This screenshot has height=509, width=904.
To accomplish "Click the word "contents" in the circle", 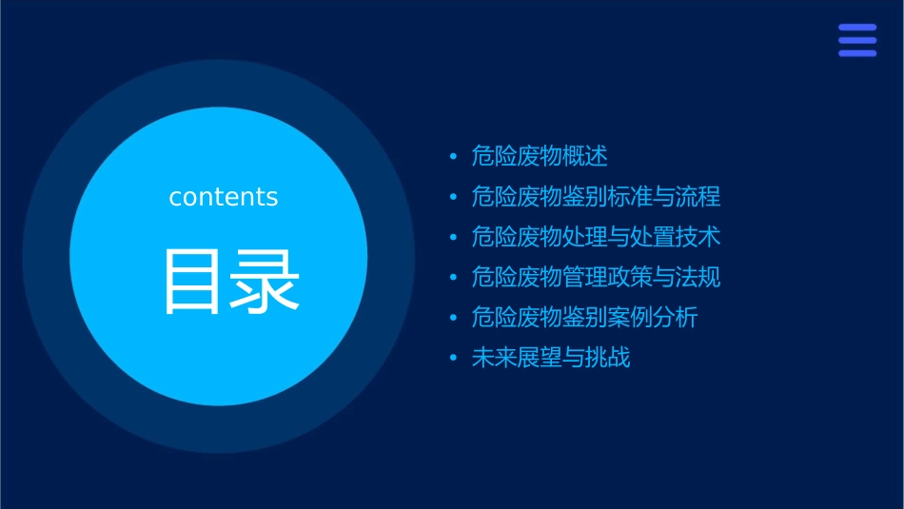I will (x=224, y=197).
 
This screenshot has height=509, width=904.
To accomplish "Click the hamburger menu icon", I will (x=857, y=40).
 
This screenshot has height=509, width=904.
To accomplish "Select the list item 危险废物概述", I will (x=540, y=156).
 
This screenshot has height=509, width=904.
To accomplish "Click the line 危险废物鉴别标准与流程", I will (x=596, y=197).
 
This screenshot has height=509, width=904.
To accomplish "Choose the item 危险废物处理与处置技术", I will (x=596, y=237).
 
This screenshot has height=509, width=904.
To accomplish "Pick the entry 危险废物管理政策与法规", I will (x=596, y=278).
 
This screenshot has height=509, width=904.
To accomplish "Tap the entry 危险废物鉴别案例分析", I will (x=584, y=318).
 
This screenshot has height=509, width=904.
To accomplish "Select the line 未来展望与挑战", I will (x=551, y=359).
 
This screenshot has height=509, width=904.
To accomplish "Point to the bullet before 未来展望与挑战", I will (x=453, y=359).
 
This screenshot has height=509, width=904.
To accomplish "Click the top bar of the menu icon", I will (x=857, y=28).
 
